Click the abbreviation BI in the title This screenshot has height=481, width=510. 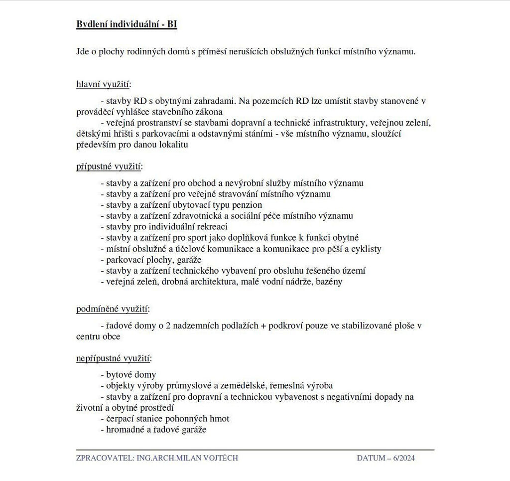[172, 24]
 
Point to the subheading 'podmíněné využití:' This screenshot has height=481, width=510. [113, 309]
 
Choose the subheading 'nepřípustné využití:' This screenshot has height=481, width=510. [114, 358]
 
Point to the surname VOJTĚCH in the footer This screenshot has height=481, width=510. [220, 458]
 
